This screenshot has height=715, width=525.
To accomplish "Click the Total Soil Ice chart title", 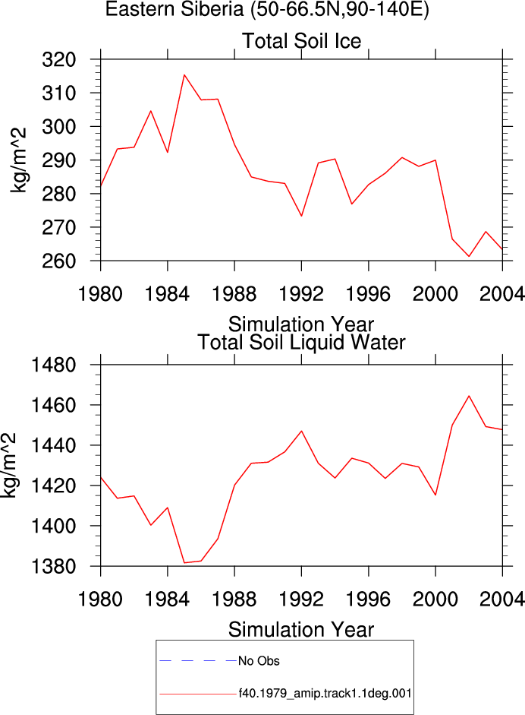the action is [x=301, y=41].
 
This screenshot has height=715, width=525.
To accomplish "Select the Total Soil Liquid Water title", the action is [x=301, y=343].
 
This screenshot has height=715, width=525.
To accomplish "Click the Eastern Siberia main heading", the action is [x=267, y=9].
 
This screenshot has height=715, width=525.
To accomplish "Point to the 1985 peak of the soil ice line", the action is [x=184, y=74].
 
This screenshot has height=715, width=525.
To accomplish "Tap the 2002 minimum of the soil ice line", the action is [x=469, y=256].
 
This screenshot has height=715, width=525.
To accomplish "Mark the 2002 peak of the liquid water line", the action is [x=469, y=396].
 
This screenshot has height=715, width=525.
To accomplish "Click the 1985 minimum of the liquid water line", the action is [x=184, y=563].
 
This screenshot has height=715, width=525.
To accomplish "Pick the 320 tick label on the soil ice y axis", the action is [x=58, y=60].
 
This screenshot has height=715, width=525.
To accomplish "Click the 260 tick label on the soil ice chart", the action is [x=58, y=261].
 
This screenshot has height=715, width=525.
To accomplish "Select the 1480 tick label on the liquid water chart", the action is [x=53, y=365].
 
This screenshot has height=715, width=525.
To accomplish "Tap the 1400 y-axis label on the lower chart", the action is [x=53, y=527].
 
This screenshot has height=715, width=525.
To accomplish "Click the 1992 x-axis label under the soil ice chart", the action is [x=301, y=293].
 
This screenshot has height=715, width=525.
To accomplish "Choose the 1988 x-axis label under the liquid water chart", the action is [x=234, y=599].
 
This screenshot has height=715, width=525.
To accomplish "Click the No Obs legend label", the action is [x=259, y=661].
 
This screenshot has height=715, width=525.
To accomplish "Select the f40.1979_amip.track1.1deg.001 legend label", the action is [x=325, y=694].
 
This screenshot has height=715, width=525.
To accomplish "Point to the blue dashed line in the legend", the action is [x=198, y=660].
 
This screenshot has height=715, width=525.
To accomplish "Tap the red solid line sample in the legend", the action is [x=198, y=694].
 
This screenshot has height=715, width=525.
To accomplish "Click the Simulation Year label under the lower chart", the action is [x=301, y=630].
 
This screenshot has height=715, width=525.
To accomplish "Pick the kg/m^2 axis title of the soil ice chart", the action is [x=18, y=160].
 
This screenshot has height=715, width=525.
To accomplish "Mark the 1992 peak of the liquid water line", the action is [x=301, y=431].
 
